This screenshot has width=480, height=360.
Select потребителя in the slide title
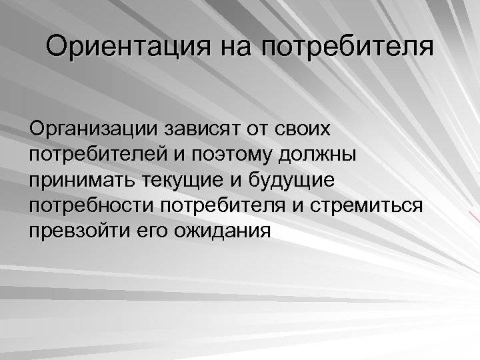click(347, 48)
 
